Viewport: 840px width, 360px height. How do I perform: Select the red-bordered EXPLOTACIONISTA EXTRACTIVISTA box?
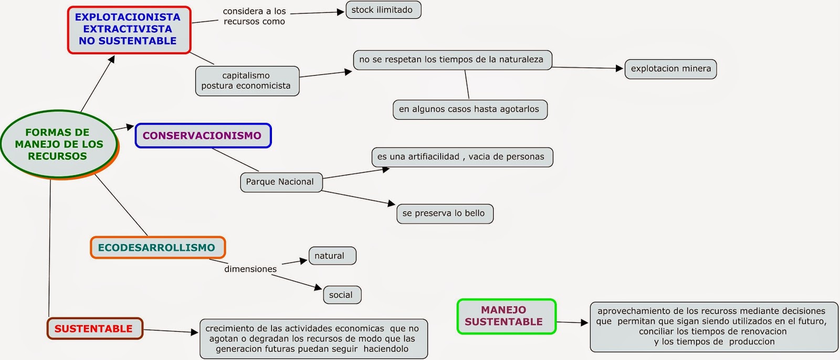point(129,29)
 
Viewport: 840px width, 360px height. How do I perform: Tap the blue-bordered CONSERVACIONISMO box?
point(203,135)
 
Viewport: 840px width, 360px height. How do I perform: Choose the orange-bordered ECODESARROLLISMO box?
point(157,247)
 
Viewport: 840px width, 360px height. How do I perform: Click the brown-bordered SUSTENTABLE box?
point(94,329)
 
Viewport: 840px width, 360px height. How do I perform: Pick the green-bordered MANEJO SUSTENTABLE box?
point(506,316)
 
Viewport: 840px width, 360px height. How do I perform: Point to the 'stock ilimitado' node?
point(383,10)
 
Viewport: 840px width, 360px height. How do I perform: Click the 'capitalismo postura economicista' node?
point(247,81)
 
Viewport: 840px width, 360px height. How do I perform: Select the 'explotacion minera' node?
point(670,69)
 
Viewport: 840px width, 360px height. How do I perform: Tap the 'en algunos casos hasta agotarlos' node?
point(469,109)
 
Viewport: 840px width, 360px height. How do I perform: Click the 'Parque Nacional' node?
point(281,182)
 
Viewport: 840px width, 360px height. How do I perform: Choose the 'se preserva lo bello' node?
point(444,213)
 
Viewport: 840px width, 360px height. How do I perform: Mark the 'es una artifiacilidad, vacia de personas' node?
point(461,156)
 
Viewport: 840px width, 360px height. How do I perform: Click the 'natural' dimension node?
point(331,256)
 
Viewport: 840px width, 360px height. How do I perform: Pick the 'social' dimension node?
point(342,294)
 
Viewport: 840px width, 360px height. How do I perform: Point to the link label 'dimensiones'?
point(250,269)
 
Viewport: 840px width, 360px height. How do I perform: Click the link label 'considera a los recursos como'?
point(255,16)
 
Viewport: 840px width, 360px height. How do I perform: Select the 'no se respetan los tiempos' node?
point(452,59)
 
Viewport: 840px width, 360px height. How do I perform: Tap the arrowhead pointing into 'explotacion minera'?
point(619,68)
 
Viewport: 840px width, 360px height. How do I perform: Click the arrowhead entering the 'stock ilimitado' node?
point(340,12)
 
